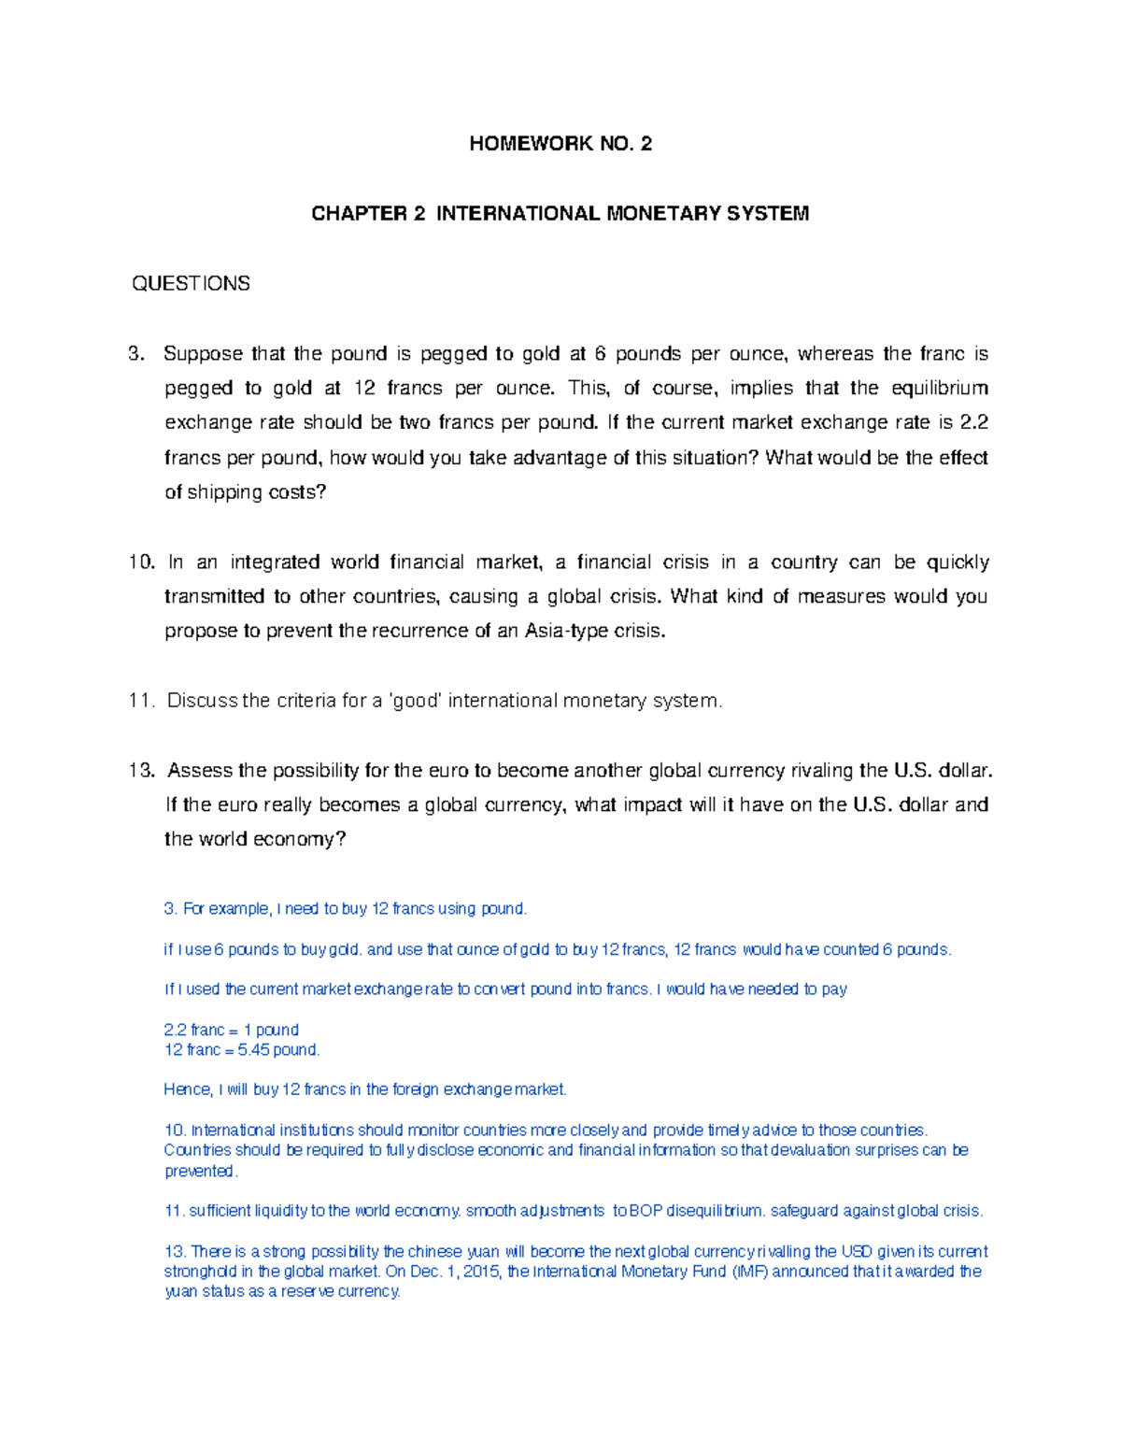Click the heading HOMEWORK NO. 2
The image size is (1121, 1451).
tap(560, 143)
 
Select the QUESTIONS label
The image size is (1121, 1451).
tap(191, 284)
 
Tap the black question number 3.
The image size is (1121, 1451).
tap(137, 354)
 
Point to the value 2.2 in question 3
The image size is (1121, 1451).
tap(973, 423)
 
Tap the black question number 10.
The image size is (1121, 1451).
tap(141, 562)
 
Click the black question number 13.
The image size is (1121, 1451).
tap(141, 771)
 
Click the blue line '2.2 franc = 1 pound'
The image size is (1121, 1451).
tap(231, 1030)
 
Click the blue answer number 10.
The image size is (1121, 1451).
tap(175, 1131)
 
